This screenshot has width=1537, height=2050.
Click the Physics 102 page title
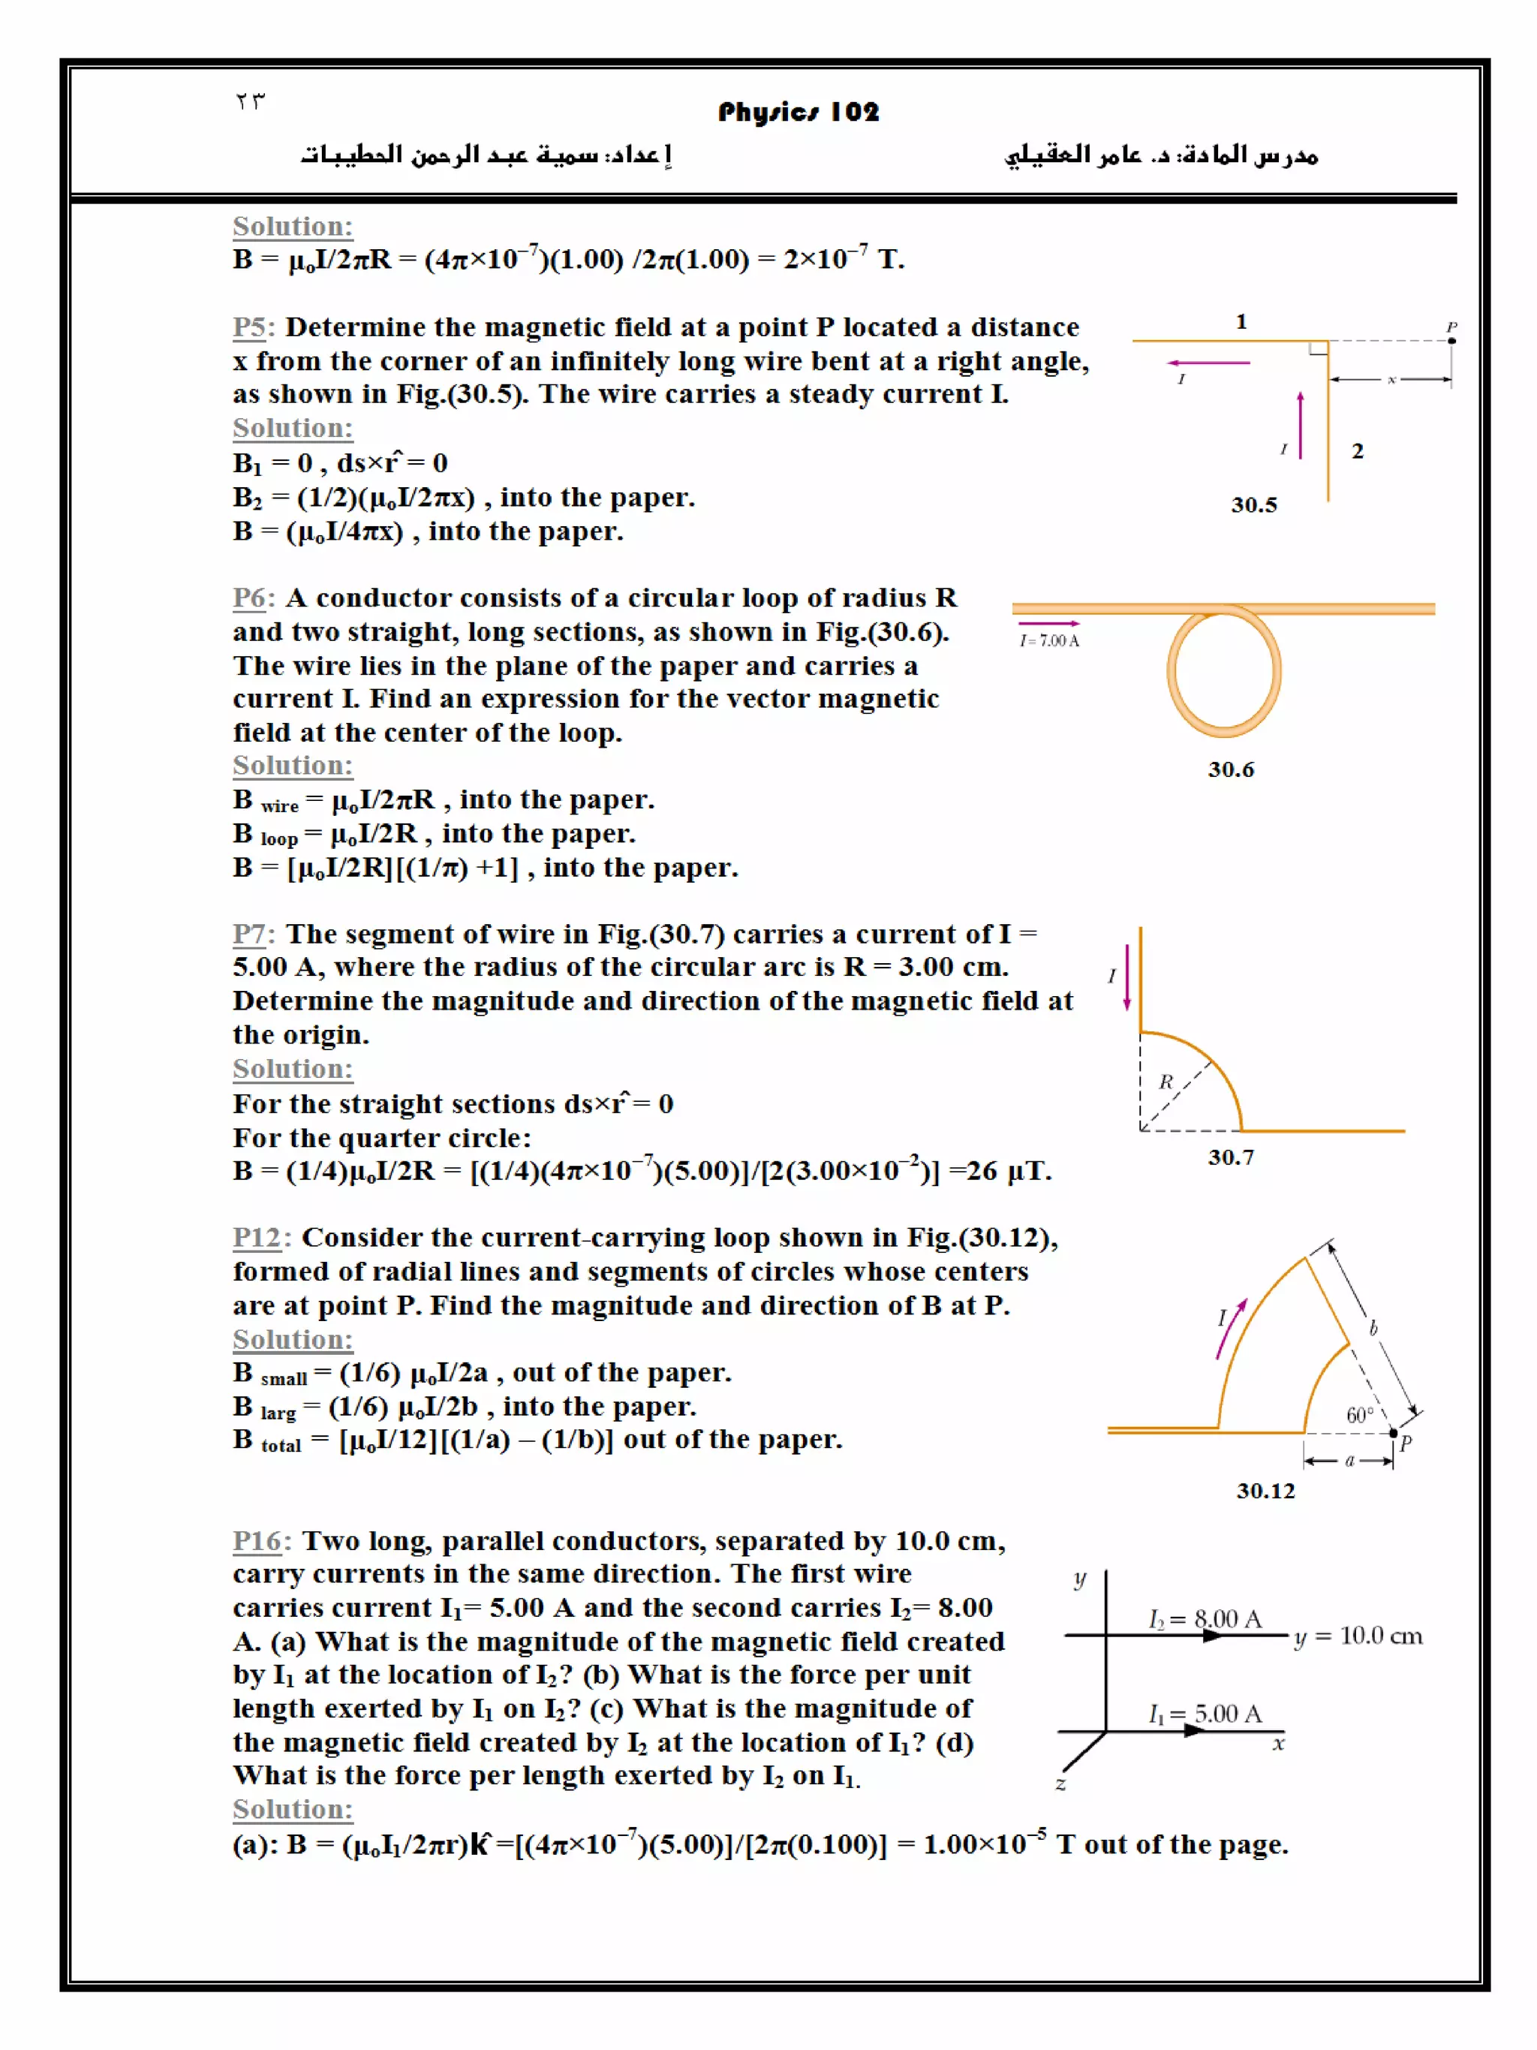pyautogui.click(x=797, y=112)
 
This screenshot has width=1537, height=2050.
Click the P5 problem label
pyautogui.click(x=250, y=327)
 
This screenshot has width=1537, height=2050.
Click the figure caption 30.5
pyautogui.click(x=1253, y=505)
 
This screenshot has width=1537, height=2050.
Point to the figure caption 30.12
pyautogui.click(x=1265, y=1490)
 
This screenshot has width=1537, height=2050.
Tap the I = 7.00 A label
pyautogui.click(x=1048, y=640)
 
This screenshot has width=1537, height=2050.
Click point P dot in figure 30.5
pyautogui.click(x=1451, y=341)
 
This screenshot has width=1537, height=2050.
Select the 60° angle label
pyautogui.click(x=1359, y=1415)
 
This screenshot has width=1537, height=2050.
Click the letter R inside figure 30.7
pyautogui.click(x=1166, y=1082)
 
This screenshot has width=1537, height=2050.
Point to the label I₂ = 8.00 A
pyautogui.click(x=1205, y=1618)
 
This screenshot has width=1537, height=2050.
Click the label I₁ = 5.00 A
pyautogui.click(x=1205, y=1714)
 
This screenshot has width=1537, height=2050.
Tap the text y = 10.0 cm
pyautogui.click(x=1358, y=1636)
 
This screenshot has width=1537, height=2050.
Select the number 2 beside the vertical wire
pyautogui.click(x=1356, y=451)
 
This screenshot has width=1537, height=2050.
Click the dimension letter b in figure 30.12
pyautogui.click(x=1373, y=1328)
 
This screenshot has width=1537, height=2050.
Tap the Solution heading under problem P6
pyautogui.click(x=292, y=766)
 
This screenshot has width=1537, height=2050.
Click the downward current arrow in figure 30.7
pyautogui.click(x=1126, y=978)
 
